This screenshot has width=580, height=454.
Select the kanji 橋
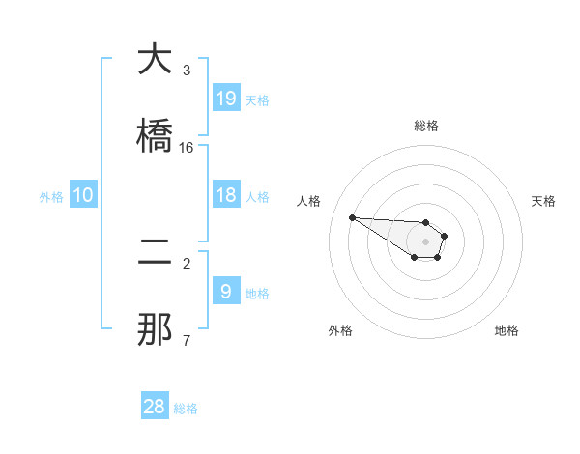pyautogui.click(x=156, y=135)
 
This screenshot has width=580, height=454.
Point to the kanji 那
pyautogui.click(x=156, y=328)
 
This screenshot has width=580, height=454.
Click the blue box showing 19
pyautogui.click(x=226, y=99)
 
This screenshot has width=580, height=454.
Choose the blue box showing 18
pyautogui.click(x=226, y=195)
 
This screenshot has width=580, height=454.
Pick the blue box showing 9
pyautogui.click(x=226, y=291)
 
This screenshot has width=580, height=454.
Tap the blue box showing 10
pyautogui.click(x=83, y=195)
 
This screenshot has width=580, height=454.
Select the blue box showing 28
pyautogui.click(x=155, y=407)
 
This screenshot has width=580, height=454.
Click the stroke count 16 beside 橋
pyautogui.click(x=187, y=147)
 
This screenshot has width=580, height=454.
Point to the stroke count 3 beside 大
pyautogui.click(x=187, y=70)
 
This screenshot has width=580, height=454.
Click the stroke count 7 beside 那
pyautogui.click(x=187, y=340)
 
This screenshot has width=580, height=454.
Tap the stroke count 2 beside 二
pyautogui.click(x=187, y=263)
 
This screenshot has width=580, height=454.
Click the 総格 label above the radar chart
pyautogui.click(x=426, y=126)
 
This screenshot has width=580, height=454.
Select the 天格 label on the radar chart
pyautogui.click(x=543, y=201)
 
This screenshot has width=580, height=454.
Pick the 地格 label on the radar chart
pyautogui.click(x=507, y=330)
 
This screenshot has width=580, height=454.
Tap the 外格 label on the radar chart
pyautogui.click(x=340, y=330)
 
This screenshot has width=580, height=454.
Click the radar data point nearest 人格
pyautogui.click(x=352, y=217)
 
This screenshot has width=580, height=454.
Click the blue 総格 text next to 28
pyautogui.click(x=186, y=409)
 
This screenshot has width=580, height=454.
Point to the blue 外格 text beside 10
pyautogui.click(x=51, y=197)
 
